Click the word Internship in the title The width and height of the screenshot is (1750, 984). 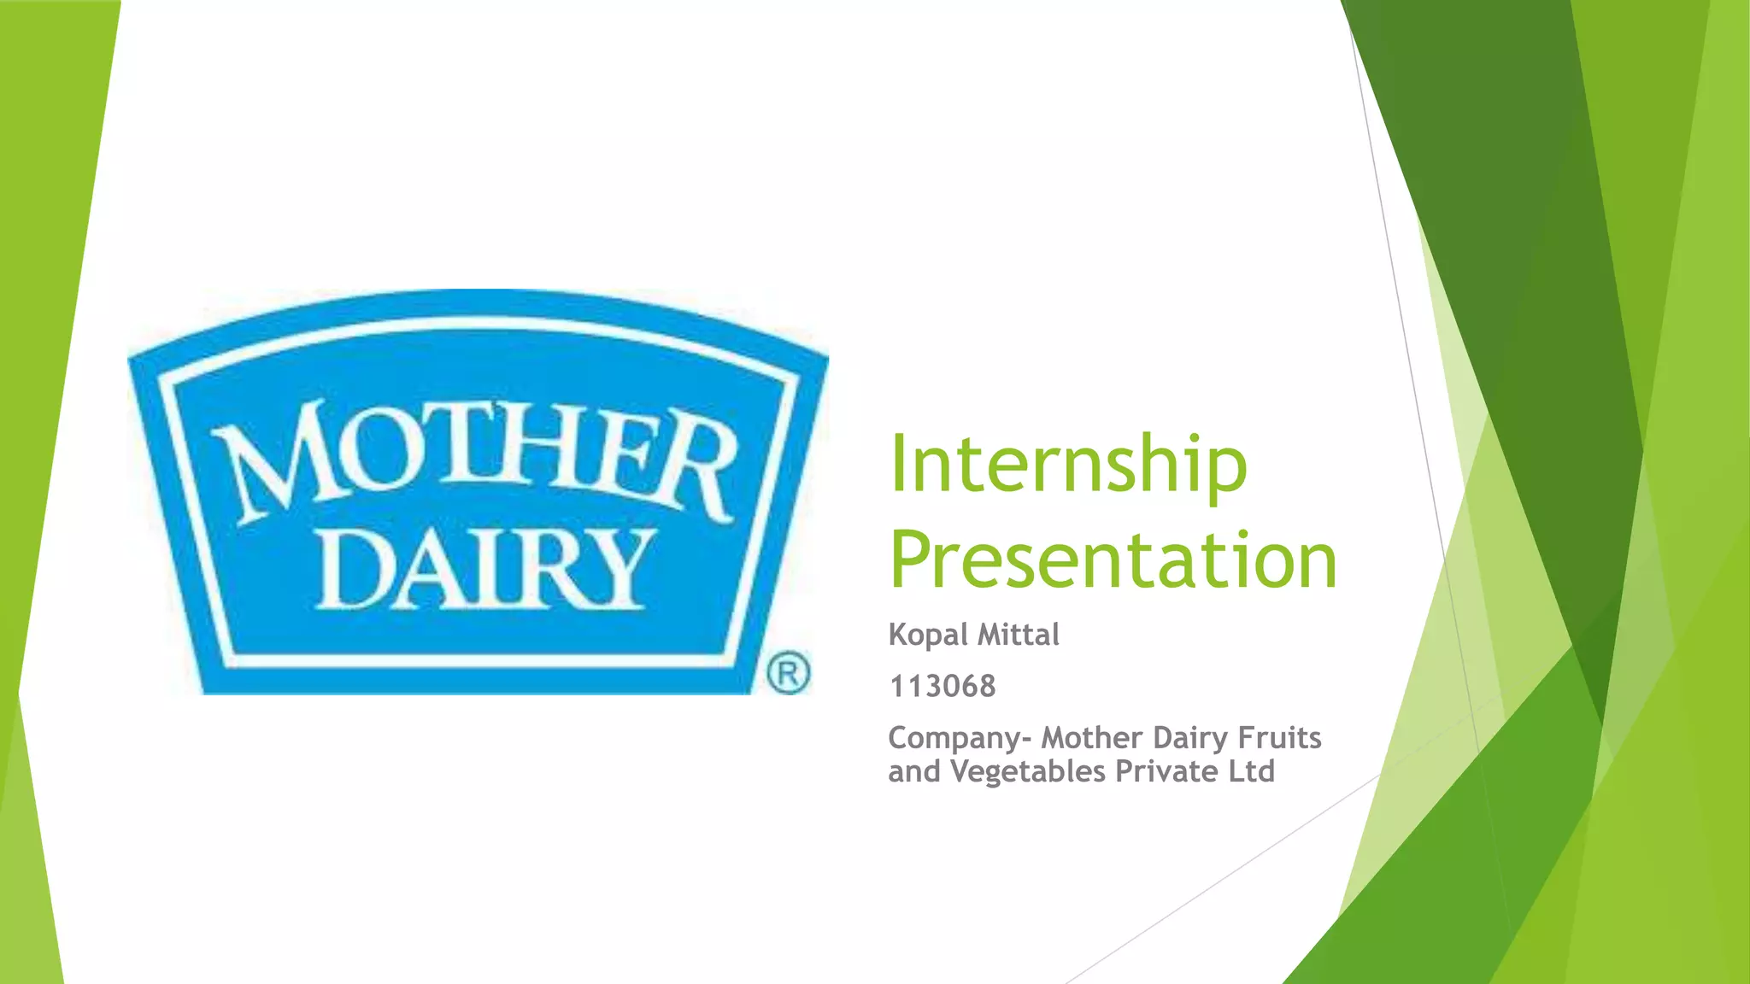pyautogui.click(x=1068, y=466)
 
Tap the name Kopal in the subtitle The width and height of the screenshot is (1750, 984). pyautogui.click(x=928, y=635)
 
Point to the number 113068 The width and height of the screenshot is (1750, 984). pyautogui.click(x=943, y=686)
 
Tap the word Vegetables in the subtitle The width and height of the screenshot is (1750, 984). pyautogui.click(x=1028, y=772)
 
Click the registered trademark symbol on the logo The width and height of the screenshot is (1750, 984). pyautogui.click(x=788, y=673)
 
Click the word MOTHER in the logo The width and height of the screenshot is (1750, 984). pyautogui.click(x=474, y=461)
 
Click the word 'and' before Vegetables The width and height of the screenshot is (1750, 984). pyautogui.click(x=913, y=772)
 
